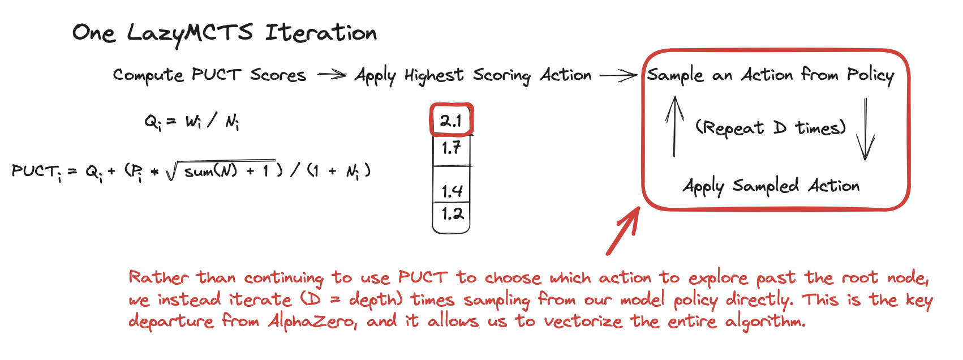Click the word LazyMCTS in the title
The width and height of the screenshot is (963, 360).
[x=190, y=33]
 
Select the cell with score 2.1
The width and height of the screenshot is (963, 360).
[x=451, y=120]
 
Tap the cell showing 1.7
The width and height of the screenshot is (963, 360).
[x=451, y=148]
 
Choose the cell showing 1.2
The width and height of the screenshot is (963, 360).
[x=452, y=214]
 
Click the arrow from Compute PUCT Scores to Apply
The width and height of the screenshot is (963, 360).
[x=332, y=75]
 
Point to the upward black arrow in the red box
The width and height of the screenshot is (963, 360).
[x=674, y=126]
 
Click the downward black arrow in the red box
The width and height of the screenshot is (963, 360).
[x=865, y=129]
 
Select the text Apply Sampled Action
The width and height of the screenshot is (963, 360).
[x=771, y=186]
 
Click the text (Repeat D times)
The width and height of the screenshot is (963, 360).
[x=771, y=128]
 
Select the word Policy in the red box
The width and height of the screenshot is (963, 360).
[x=870, y=75]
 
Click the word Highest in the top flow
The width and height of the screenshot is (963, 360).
[x=434, y=75]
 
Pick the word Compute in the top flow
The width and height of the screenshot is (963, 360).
[x=148, y=75]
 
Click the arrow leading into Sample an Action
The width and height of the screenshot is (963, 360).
[x=618, y=75]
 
